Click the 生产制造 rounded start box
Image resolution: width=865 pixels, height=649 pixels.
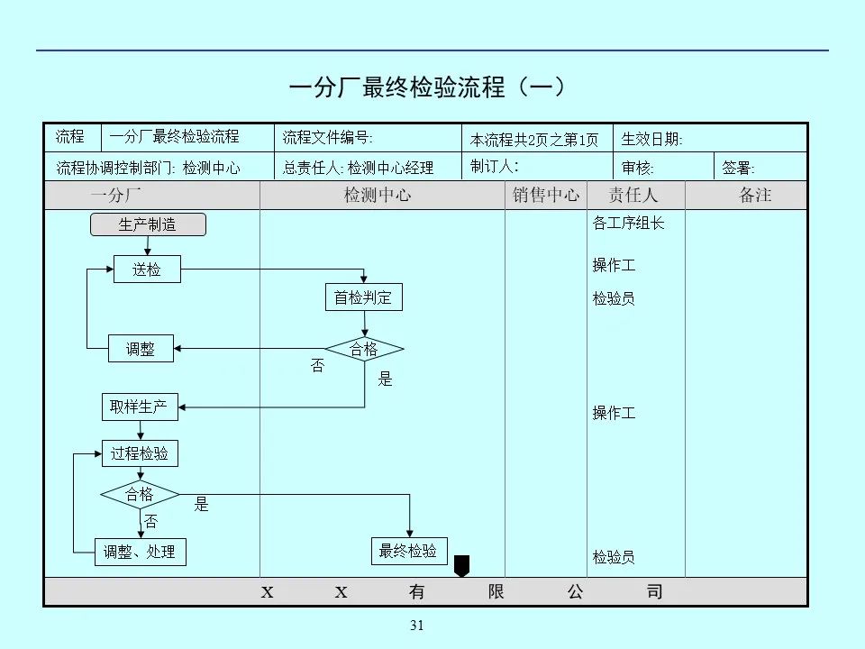(148, 224)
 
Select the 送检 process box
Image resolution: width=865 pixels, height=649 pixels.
(147, 269)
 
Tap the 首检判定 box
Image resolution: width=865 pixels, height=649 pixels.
(363, 297)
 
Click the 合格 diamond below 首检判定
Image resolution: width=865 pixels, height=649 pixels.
(364, 350)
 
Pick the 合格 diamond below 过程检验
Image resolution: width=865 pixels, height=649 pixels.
(140, 494)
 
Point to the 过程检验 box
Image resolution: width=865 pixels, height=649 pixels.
(140, 453)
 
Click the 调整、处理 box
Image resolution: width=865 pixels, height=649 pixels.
(140, 552)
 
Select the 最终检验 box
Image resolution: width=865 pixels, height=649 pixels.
(408, 551)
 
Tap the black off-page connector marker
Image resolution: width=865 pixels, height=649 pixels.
(462, 566)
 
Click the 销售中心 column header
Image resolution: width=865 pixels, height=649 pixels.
(546, 195)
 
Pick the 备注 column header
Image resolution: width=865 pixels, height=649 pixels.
(755, 195)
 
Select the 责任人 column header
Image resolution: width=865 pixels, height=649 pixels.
(633, 195)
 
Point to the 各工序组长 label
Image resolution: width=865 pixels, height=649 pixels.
(629, 223)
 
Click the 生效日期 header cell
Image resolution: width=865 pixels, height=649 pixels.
(652, 139)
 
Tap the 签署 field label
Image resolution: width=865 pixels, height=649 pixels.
(739, 168)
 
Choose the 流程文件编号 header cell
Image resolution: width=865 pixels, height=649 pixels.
(327, 138)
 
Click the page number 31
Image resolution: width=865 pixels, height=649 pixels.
(416, 626)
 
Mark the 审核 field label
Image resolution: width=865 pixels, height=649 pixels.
(638, 168)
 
